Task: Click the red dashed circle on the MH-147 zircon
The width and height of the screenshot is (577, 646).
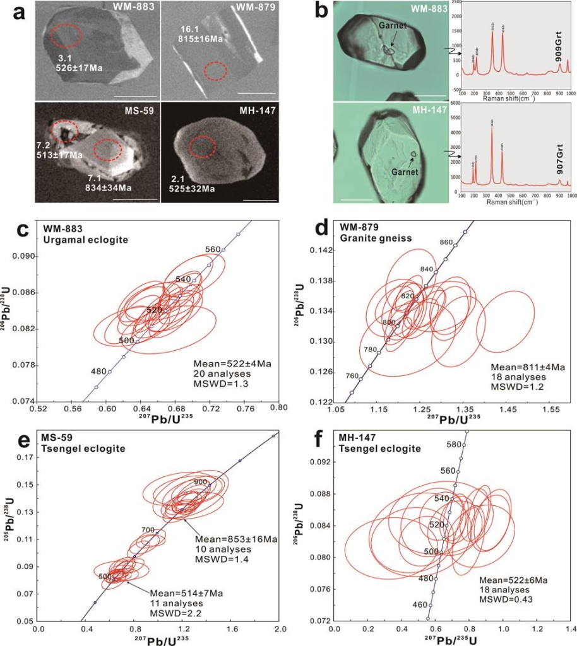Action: pyautogui.click(x=203, y=147)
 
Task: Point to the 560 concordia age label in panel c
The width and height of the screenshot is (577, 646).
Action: pyautogui.click(x=213, y=249)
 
